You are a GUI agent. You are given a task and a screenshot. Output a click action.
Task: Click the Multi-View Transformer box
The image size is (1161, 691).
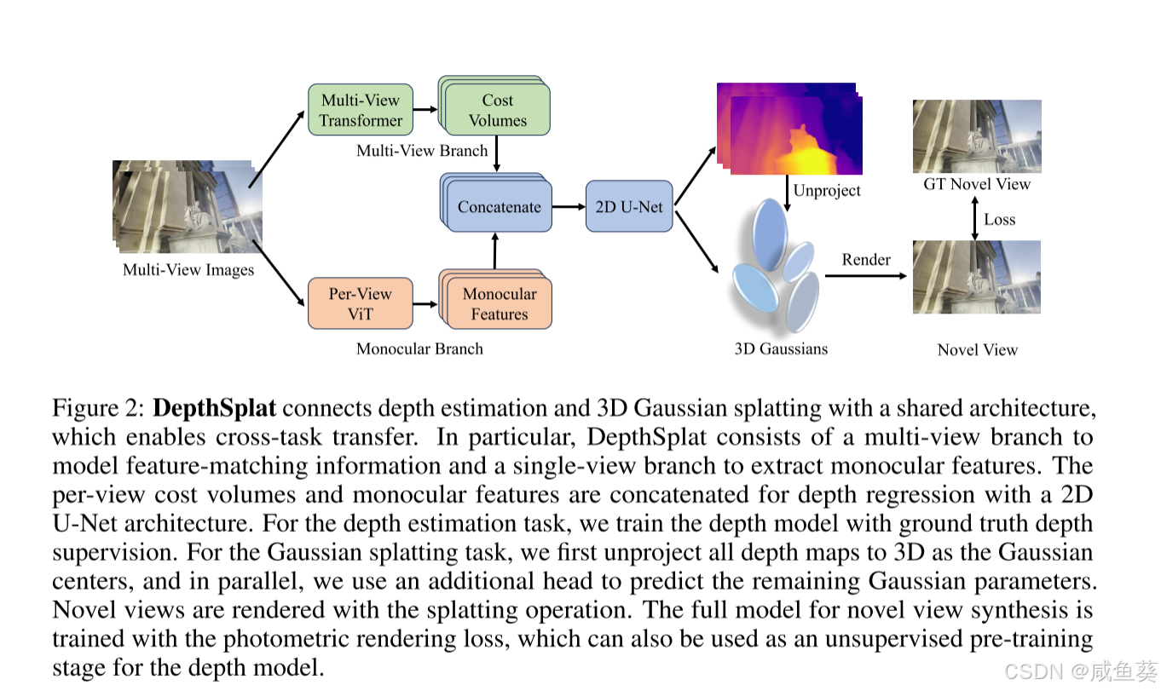pos(360,110)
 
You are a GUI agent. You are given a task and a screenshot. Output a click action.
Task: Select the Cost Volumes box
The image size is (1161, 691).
pos(498,111)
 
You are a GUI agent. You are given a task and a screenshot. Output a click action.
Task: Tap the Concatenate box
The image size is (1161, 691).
pos(500,206)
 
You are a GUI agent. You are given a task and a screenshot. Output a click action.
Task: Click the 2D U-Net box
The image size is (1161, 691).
pos(629,206)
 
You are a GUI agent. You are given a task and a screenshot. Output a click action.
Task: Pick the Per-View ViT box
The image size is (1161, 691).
pos(360,303)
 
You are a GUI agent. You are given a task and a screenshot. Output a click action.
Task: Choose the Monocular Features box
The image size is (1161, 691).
pos(500,304)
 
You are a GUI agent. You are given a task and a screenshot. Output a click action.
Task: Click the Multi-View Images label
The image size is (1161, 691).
pos(188,270)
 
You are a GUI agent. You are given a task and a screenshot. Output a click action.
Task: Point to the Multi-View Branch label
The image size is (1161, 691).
pos(422,151)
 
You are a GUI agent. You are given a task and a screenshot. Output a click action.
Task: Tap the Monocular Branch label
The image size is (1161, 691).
pos(419,348)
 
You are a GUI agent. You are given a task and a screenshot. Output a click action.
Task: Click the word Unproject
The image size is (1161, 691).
pos(827,190)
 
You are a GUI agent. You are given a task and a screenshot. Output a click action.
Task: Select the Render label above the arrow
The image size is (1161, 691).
pos(866,259)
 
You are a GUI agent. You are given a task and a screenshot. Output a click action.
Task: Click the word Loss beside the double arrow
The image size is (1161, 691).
pos(999,219)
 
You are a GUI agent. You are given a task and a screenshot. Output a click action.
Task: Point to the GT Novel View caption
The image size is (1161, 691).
pos(977,184)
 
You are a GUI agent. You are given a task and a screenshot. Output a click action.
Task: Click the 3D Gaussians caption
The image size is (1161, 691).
pos(781,348)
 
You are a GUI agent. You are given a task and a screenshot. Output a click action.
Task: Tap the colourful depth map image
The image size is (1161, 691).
pos(793,128)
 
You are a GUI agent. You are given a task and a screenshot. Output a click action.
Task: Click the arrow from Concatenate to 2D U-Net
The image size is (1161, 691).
pos(569,206)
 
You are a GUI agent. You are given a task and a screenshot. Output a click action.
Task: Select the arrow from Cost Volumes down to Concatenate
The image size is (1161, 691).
pos(497,154)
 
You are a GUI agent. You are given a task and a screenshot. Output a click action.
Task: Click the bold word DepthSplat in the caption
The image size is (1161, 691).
pos(214,408)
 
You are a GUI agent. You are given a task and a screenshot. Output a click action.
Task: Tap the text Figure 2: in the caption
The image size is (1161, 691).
pos(98,408)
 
